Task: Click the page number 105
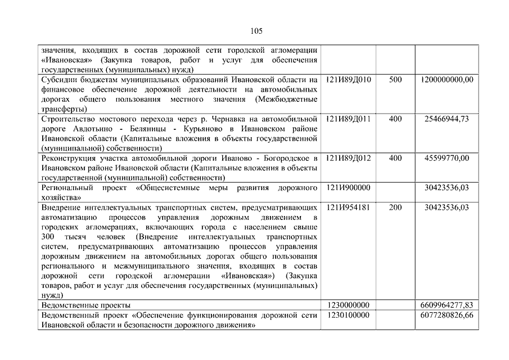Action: [254, 30]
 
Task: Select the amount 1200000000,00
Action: [447, 80]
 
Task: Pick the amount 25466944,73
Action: [447, 119]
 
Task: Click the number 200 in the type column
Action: [395, 207]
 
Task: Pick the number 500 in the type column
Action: [395, 80]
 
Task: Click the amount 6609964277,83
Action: [447, 305]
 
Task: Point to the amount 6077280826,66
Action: [447, 315]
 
